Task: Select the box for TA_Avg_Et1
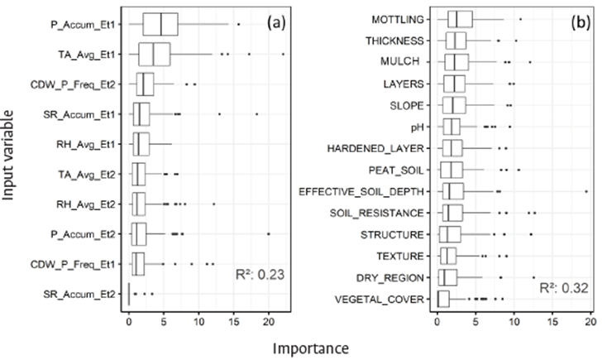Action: click(155, 55)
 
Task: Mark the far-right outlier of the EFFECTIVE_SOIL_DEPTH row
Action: click(585, 191)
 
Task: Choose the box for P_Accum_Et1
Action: click(160, 25)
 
